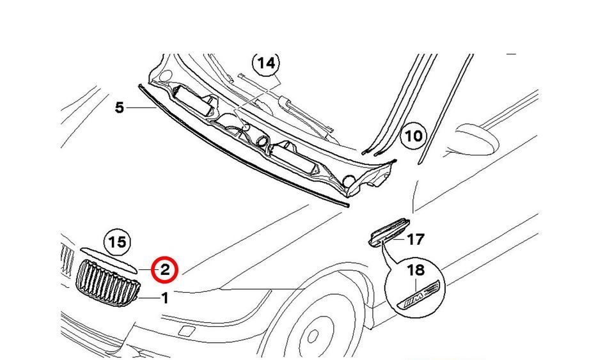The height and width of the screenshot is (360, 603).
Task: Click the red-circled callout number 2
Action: pyautogui.click(x=164, y=270)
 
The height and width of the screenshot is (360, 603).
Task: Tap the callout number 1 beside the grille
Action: pyautogui.click(x=164, y=298)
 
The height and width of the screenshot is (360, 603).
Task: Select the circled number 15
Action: pyautogui.click(x=117, y=242)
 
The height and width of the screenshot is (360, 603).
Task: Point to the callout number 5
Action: pyautogui.click(x=120, y=107)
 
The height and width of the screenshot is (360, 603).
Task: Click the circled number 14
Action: pyautogui.click(x=266, y=63)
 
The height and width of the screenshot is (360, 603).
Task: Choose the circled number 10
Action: pyautogui.click(x=414, y=136)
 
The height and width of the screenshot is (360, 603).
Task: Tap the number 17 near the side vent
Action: pyautogui.click(x=415, y=239)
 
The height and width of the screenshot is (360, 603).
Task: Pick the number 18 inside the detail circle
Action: pyautogui.click(x=416, y=270)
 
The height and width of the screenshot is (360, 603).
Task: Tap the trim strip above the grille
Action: pyautogui.click(x=109, y=259)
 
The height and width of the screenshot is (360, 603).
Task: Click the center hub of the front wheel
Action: pyautogui.click(x=313, y=334)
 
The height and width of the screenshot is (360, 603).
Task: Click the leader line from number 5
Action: pyautogui.click(x=141, y=108)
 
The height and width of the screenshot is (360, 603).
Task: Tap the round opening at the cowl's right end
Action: pyautogui.click(x=348, y=180)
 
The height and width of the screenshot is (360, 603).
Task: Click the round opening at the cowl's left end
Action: pyautogui.click(x=166, y=75)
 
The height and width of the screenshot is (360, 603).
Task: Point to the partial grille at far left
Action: pyautogui.click(x=67, y=260)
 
